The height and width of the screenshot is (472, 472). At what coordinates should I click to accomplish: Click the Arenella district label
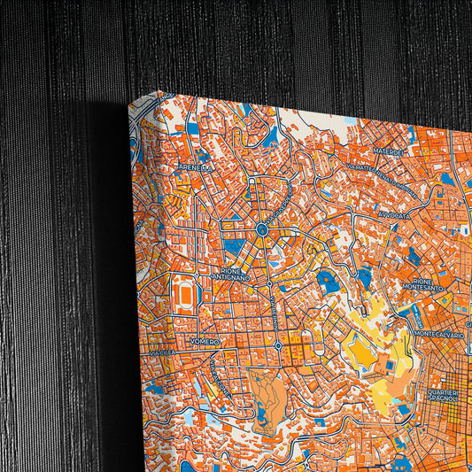(x=195, y=166)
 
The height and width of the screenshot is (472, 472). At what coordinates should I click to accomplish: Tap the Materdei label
(x=388, y=152)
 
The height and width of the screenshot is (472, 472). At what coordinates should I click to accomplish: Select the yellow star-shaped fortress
(x=365, y=352)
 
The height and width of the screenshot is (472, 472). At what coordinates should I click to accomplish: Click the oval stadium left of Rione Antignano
(x=185, y=291)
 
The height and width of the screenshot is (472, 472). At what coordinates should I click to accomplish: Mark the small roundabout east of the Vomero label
(x=278, y=344)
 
